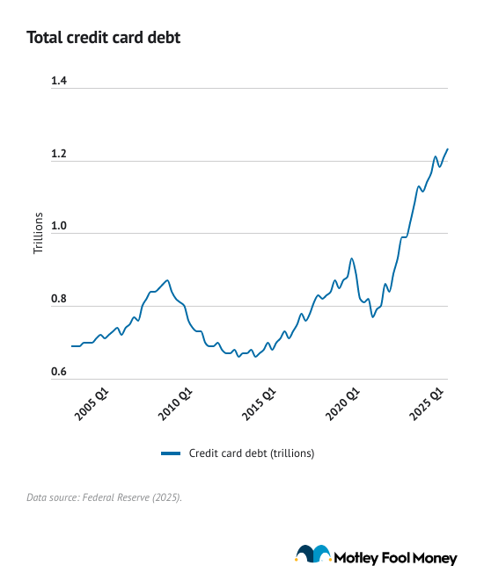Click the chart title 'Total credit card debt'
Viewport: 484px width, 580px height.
[x=104, y=38]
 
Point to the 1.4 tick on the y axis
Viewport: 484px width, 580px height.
[x=59, y=82]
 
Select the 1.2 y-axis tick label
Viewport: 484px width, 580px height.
[x=59, y=155]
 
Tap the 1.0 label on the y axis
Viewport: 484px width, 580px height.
[x=59, y=228]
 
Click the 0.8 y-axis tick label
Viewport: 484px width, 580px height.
[x=59, y=301]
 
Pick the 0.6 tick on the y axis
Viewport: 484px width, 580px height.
[x=59, y=373]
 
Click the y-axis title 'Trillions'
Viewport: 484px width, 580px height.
[x=38, y=233]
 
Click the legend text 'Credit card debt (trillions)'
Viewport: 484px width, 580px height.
[x=251, y=453]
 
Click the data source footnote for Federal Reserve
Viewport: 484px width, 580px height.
[x=104, y=498]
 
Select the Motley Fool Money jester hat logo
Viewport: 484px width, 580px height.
[x=313, y=555]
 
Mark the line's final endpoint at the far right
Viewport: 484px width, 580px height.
[x=447, y=149]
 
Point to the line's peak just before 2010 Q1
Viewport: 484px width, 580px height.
[x=167, y=280]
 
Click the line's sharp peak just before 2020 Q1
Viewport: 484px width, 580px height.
[x=352, y=258]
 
